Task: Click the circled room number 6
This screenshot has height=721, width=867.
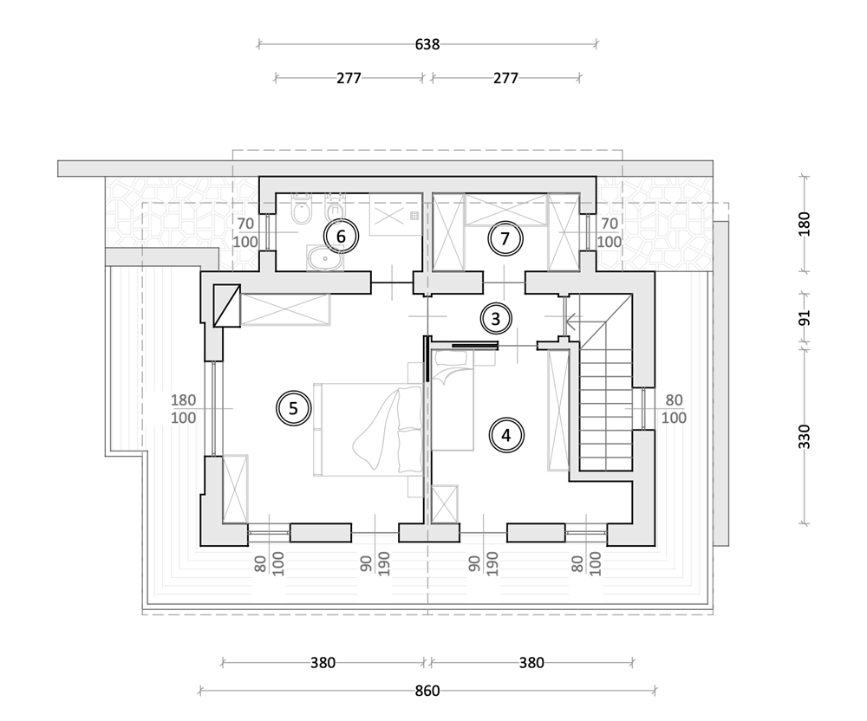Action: pos(341,237)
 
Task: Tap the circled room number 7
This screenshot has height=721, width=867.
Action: pos(505,238)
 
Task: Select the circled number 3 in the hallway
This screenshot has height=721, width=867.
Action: pos(495,319)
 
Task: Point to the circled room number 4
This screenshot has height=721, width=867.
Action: pos(506,435)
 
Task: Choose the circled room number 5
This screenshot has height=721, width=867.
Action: pos(294,408)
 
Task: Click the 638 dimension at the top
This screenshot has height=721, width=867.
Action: pos(427,44)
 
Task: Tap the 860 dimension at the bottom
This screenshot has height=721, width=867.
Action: pos(427,691)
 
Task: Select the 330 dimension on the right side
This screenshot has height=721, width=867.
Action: pos(805,437)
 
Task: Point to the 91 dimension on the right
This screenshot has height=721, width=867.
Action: pos(805,318)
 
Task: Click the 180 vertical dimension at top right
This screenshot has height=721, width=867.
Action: pos(805,224)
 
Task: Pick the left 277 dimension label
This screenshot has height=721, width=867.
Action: pos(349,78)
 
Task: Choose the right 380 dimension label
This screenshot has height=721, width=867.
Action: pos(531,662)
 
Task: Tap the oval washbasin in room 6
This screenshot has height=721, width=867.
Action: pos(325,258)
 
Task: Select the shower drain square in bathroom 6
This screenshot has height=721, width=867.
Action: pos(414,216)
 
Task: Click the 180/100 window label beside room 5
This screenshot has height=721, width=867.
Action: pos(183,408)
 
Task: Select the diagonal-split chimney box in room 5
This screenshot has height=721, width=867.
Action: pos(226,306)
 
